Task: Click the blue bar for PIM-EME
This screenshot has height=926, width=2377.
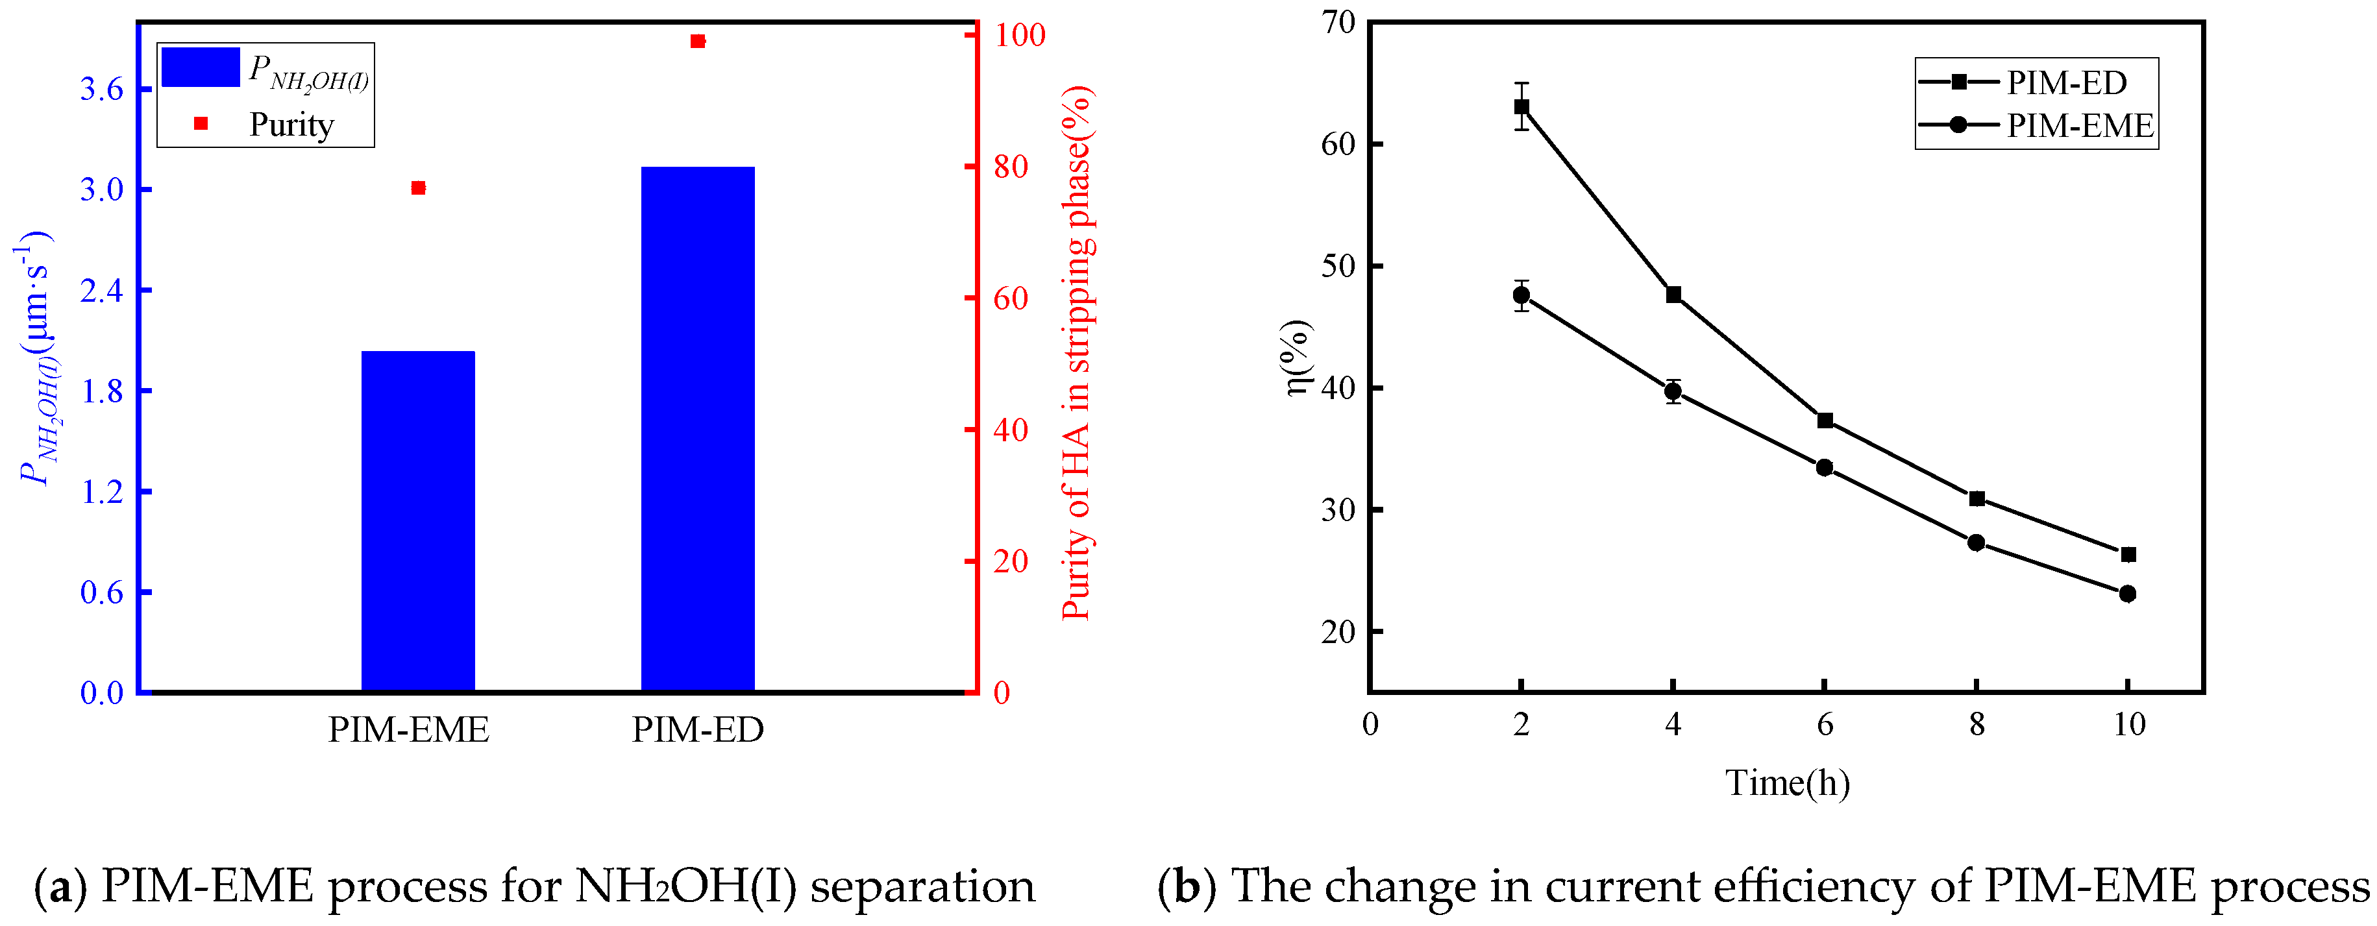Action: (418, 521)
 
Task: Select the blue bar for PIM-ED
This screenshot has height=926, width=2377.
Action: (698, 429)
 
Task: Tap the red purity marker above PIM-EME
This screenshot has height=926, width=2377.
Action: (418, 188)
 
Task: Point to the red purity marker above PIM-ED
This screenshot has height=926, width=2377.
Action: (698, 42)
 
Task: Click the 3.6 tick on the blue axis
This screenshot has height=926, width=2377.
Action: (101, 90)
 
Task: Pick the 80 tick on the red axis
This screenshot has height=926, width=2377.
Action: (1011, 167)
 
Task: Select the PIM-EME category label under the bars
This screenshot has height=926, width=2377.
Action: (409, 729)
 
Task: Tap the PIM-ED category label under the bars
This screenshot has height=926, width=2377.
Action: (698, 729)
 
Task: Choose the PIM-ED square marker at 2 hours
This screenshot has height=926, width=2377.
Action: (1521, 107)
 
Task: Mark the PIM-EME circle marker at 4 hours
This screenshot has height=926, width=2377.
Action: (1673, 392)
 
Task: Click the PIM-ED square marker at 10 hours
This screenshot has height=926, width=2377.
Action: (2128, 554)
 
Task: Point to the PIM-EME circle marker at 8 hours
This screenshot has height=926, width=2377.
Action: (1977, 543)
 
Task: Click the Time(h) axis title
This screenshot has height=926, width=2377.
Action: (1788, 783)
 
